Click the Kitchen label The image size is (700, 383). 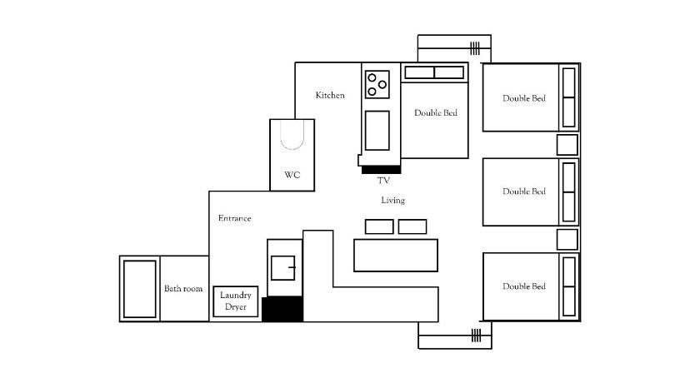coord(330,95)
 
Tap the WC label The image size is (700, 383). coord(292,175)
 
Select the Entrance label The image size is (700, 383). coord(234,218)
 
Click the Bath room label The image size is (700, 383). coord(183,288)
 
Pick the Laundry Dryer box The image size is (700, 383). coord(236,301)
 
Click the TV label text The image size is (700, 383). coord(383,180)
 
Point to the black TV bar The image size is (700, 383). coord(381,169)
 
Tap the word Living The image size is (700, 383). coord(392,200)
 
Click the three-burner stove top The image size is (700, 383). coord(377,84)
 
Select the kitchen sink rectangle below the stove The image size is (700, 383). coord(377,131)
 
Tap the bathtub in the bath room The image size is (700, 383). coord(140,289)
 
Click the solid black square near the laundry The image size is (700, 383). coord(282,309)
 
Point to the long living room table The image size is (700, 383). coord(396,255)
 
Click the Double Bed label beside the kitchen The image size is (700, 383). coord(436,112)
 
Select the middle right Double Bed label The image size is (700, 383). coord(524,191)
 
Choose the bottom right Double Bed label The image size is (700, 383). coord(524,286)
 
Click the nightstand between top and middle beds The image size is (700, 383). coord(567,145)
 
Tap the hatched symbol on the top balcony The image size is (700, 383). coord(475,48)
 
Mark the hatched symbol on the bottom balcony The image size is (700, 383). coord(477,336)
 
